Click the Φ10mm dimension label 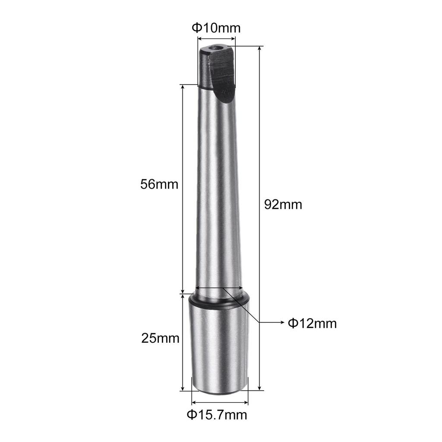216,28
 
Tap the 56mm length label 159,184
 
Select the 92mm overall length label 283,204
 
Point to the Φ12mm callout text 312,323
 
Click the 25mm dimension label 160,338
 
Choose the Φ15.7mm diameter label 217,415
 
